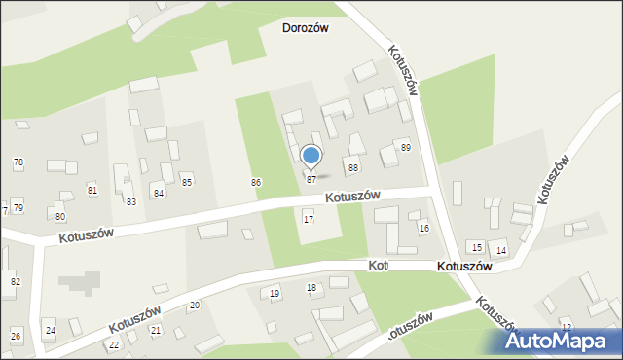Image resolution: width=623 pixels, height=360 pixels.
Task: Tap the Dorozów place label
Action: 305,28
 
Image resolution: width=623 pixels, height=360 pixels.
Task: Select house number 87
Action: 311,179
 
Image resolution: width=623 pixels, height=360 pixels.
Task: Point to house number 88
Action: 353,168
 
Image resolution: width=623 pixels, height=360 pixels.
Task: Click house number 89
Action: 405,147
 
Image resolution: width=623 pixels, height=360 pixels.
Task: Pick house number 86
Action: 256,182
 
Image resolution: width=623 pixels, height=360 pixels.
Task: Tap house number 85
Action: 187,182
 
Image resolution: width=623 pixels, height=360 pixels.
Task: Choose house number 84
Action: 158,193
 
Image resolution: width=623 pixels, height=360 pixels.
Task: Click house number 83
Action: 131,201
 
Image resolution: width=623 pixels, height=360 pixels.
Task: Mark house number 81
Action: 92,189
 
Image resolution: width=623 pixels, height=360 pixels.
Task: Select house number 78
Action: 18,162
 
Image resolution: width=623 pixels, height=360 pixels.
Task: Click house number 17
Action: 309,219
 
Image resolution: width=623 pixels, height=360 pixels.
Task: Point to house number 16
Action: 424,228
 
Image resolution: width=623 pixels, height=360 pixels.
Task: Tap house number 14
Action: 500,250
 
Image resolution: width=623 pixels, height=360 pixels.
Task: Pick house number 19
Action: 275,293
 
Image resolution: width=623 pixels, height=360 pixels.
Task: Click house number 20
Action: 195,306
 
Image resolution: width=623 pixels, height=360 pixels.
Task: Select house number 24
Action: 51,331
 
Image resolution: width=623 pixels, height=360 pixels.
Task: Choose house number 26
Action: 16,336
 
